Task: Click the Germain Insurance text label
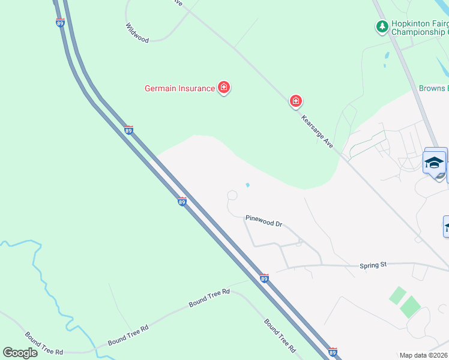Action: coord(179,89)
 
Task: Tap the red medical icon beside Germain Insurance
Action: coord(224,88)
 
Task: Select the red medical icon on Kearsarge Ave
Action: coord(295,101)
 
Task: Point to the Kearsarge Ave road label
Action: coord(317,131)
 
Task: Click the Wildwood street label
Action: coord(137,33)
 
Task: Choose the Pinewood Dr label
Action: coord(264,220)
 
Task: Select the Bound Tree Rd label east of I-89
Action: coord(280,335)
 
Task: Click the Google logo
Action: coord(20,353)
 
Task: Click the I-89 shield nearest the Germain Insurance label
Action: coord(128,130)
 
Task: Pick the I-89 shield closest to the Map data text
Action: coord(333,351)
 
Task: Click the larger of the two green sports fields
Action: coord(411,307)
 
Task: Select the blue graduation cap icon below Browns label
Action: coord(434,162)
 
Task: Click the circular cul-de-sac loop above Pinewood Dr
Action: coord(232,196)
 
